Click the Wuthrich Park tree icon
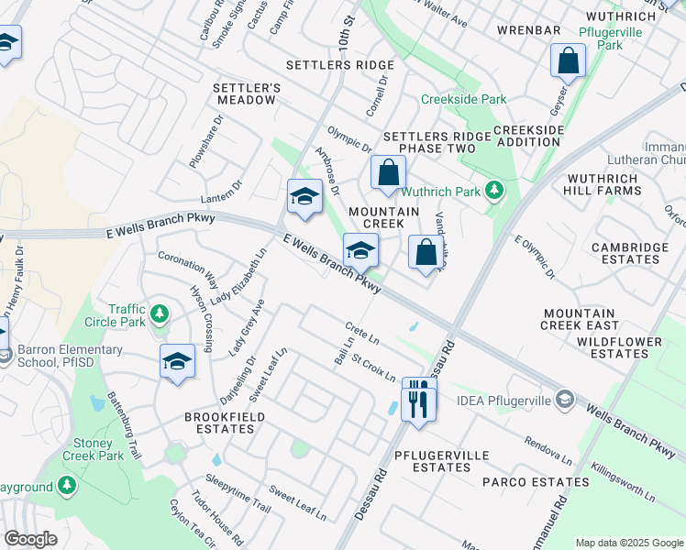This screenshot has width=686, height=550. click(495, 192)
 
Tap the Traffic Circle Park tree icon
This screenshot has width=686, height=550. click(160, 315)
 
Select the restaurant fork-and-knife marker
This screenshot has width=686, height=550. click(419, 400)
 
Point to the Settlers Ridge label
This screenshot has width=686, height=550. click(339, 65)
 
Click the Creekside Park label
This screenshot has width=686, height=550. click(463, 99)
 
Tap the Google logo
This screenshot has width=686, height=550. click(30, 538)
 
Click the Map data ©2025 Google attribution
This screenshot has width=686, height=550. click(628, 543)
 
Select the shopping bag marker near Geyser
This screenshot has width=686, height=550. click(568, 62)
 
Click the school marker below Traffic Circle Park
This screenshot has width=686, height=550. click(177, 362)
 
